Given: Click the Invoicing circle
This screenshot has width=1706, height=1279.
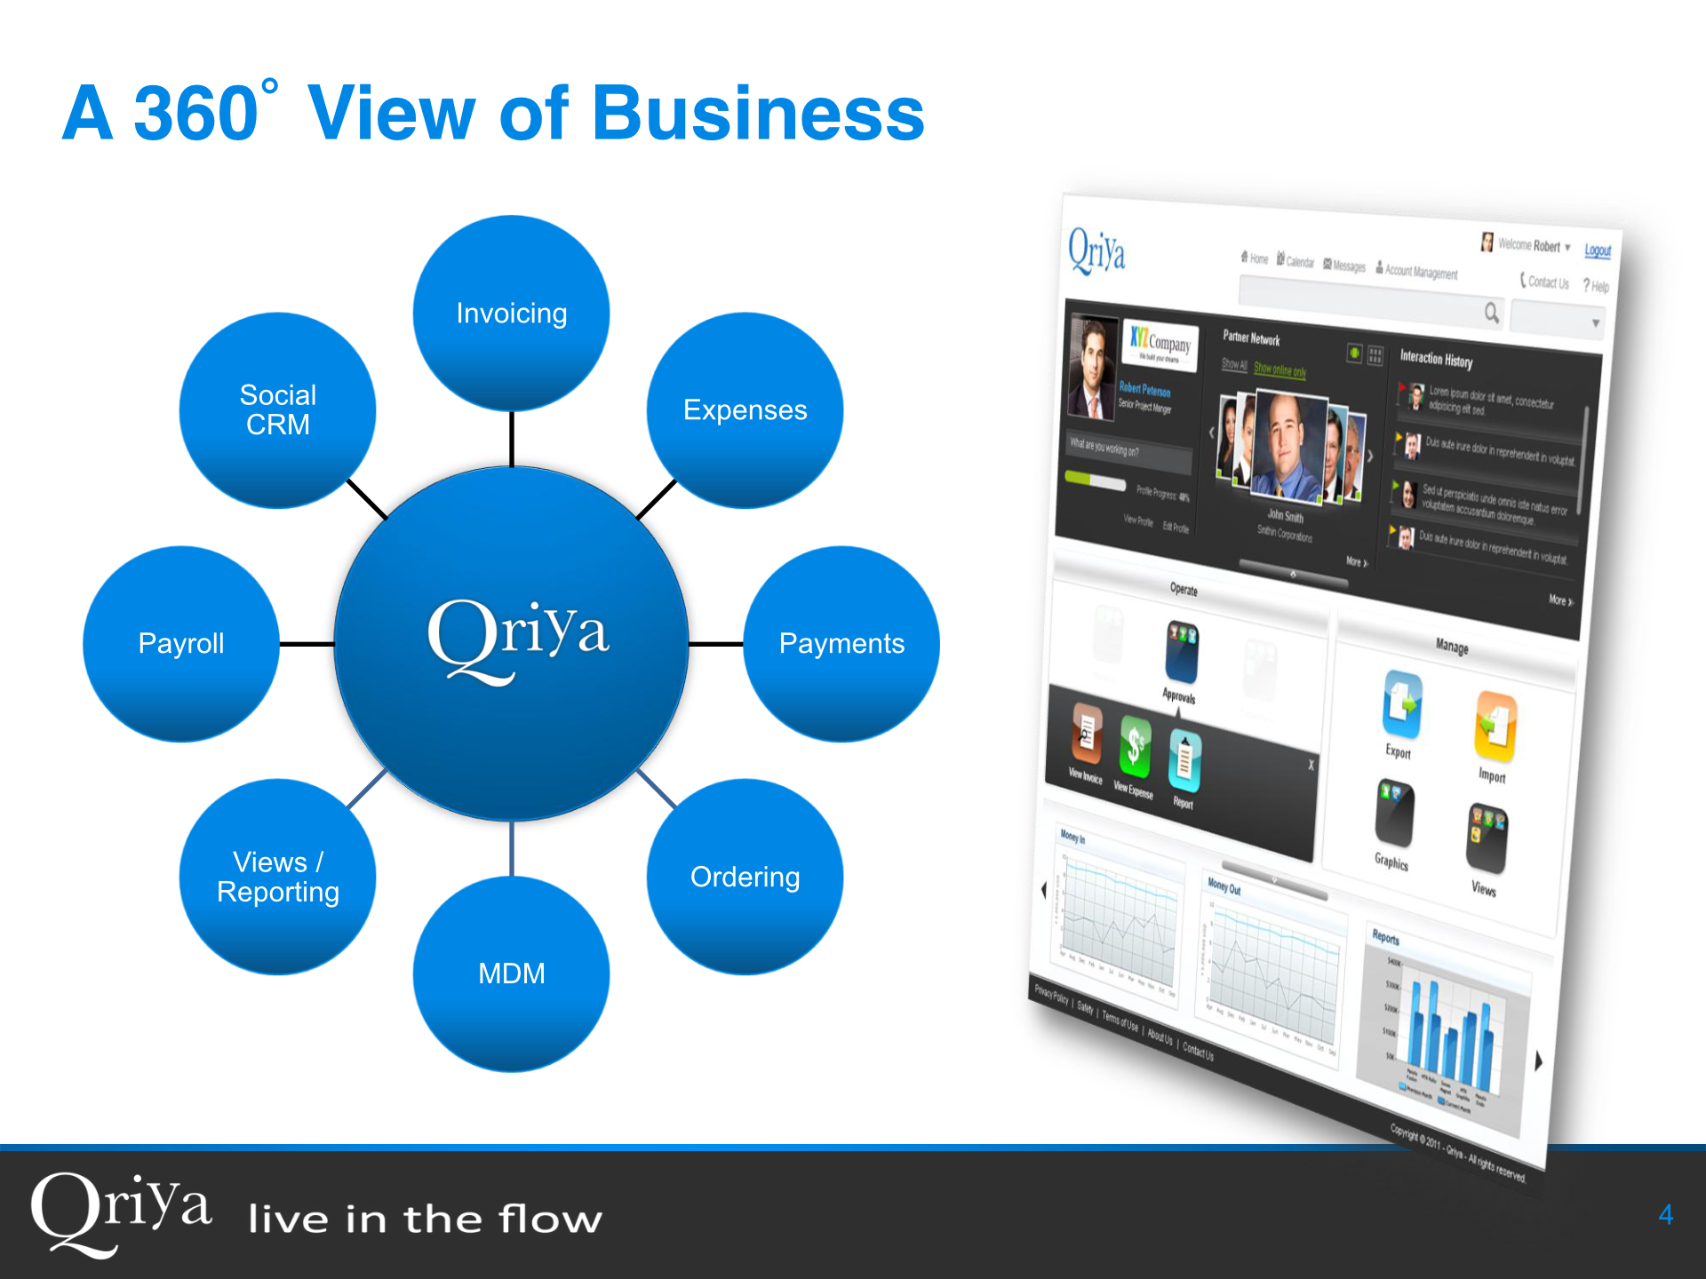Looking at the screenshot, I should pos(511,314).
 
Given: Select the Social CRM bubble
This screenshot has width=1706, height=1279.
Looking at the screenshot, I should pos(277,410).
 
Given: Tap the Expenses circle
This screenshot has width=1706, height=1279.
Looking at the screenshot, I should pos(745,410).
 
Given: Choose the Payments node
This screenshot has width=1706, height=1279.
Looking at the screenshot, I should pos(841,644).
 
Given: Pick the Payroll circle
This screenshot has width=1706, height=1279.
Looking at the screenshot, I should pos(181,644).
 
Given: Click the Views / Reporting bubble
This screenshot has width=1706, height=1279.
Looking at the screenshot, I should pos(277,878).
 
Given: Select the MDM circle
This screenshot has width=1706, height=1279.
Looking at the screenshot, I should pos(511,974).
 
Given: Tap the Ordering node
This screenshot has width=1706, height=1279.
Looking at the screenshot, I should pos(745,878).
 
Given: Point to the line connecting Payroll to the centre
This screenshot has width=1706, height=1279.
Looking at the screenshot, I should pos(307,644).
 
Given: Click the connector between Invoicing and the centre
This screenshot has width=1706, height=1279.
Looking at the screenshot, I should pos(511,439).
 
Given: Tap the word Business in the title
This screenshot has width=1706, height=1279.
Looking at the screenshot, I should pos(758,114).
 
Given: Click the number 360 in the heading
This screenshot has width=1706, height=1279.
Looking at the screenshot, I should pos(195,114).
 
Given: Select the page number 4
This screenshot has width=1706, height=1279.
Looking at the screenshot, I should pos(1666,1214).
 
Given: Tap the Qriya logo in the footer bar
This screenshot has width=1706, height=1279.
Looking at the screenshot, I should pos(121,1212).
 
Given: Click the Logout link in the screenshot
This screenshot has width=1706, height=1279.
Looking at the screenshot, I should pos(1598,250).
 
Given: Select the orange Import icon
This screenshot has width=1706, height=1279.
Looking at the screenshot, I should pos(1495,727).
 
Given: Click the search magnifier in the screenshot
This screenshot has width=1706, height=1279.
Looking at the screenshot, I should pos(1491,312).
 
